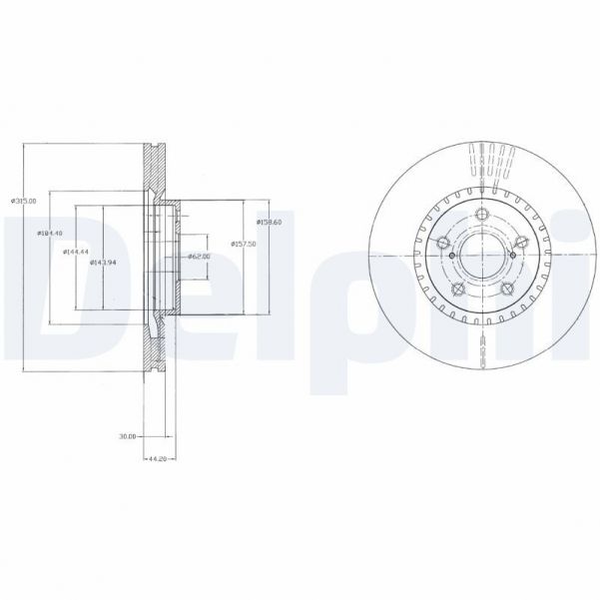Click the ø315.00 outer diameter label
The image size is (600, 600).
23,201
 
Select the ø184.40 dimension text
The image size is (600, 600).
50,233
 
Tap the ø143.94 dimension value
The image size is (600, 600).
104,262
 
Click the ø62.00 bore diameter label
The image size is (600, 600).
197,257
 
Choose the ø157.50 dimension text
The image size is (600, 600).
244,243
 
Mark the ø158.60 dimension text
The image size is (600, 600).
271,222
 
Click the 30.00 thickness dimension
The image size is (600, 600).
127,436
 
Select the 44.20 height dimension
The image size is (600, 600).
156,458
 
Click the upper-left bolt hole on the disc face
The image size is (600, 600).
441,241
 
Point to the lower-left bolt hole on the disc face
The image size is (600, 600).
456,290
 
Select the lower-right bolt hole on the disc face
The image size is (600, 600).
506,290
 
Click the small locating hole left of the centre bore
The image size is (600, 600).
452,257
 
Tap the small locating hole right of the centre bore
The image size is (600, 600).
511,256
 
